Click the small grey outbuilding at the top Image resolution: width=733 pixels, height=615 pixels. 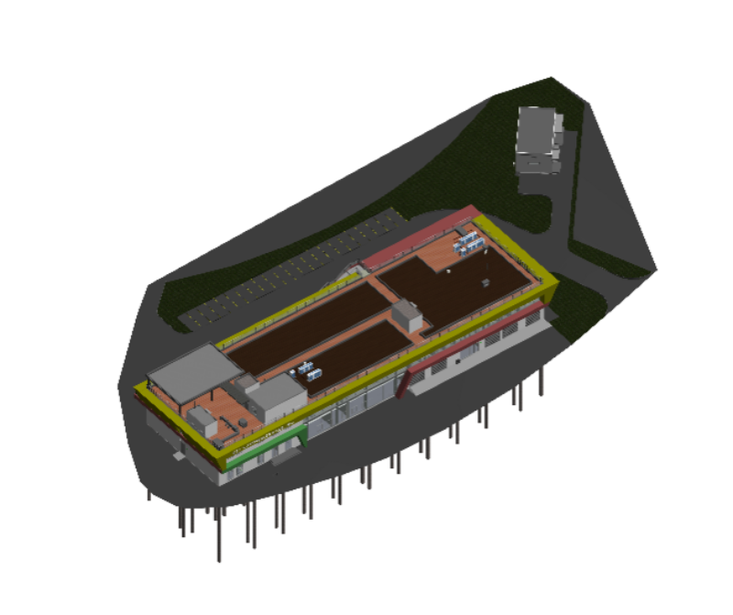[538, 137]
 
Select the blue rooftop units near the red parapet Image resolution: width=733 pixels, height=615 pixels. [468, 242]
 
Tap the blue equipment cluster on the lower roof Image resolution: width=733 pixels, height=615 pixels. [308, 370]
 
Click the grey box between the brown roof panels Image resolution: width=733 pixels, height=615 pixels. [407, 316]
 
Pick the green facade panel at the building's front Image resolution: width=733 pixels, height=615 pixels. [266, 452]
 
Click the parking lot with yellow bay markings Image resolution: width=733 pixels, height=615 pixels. [293, 266]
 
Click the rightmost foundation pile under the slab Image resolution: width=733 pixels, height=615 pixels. [542, 381]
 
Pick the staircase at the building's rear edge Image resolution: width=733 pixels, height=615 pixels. [349, 271]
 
